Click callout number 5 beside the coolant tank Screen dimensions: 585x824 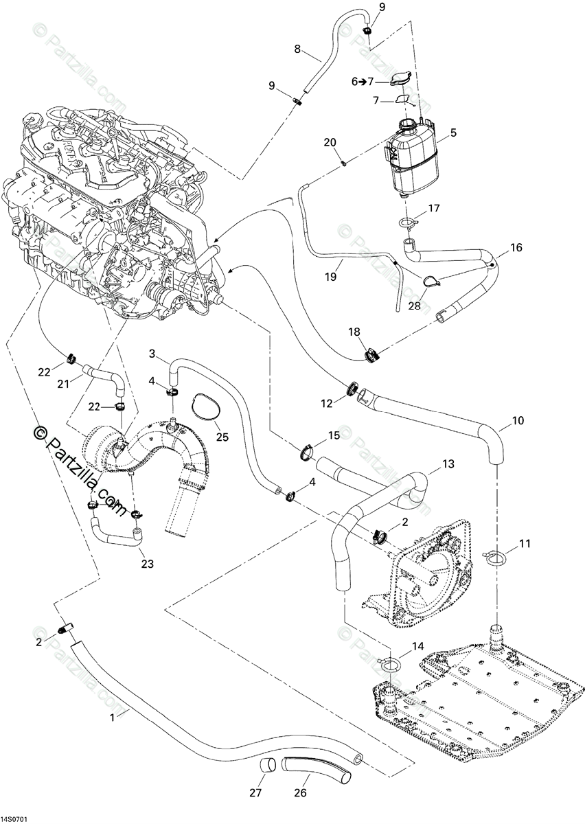453,133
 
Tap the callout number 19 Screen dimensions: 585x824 331,277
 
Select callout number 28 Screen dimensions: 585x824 414,306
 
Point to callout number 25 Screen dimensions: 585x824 222,437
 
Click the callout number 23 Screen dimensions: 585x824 148,564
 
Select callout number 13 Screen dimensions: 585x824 448,464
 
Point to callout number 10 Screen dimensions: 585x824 518,420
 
